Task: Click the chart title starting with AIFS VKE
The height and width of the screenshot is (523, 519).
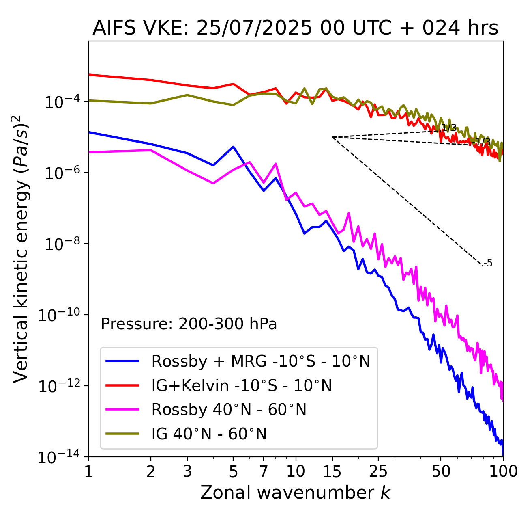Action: (x=295, y=28)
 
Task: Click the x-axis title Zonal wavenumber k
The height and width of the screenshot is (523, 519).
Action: (x=295, y=492)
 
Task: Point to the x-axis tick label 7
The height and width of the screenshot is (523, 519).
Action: (x=264, y=472)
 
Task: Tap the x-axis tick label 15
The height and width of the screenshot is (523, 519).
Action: (x=332, y=472)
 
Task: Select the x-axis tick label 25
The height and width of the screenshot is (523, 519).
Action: (x=378, y=472)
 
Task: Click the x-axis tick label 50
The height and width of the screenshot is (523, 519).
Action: (x=441, y=472)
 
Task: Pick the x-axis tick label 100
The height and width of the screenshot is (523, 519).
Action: (x=503, y=472)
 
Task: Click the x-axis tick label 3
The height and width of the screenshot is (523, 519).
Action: (x=187, y=472)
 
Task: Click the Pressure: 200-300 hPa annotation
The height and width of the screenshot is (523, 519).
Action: (x=189, y=324)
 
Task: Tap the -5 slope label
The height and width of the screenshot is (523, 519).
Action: (x=489, y=263)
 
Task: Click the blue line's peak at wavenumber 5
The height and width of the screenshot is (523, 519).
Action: (x=233, y=147)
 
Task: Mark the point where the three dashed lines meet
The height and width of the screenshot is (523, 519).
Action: (x=332, y=137)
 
